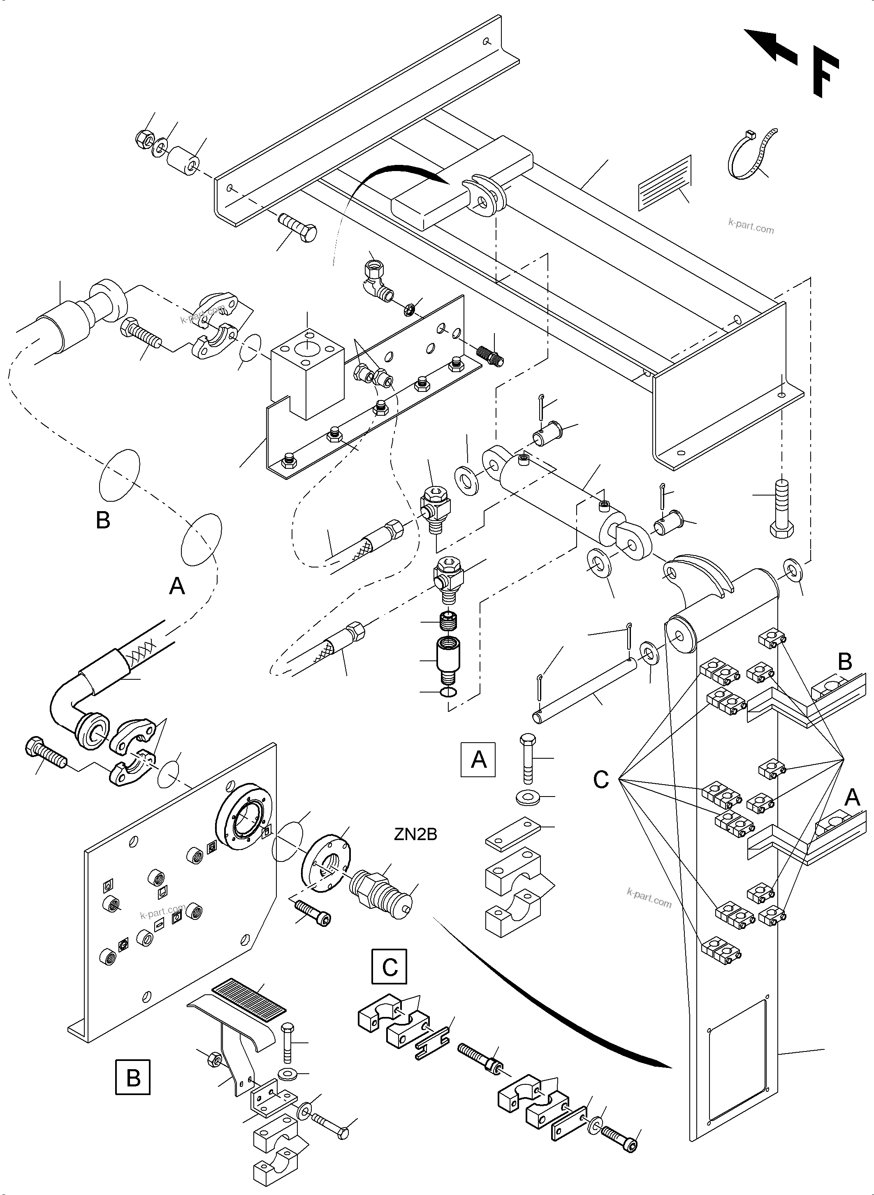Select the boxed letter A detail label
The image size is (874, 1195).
pyautogui.click(x=478, y=760)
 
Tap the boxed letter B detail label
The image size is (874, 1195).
pyautogui.click(x=133, y=1077)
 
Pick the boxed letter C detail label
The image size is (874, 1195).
pyautogui.click(x=389, y=966)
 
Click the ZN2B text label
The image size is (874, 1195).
pyautogui.click(x=415, y=834)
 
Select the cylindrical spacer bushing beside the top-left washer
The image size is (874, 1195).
pyautogui.click(x=183, y=159)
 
